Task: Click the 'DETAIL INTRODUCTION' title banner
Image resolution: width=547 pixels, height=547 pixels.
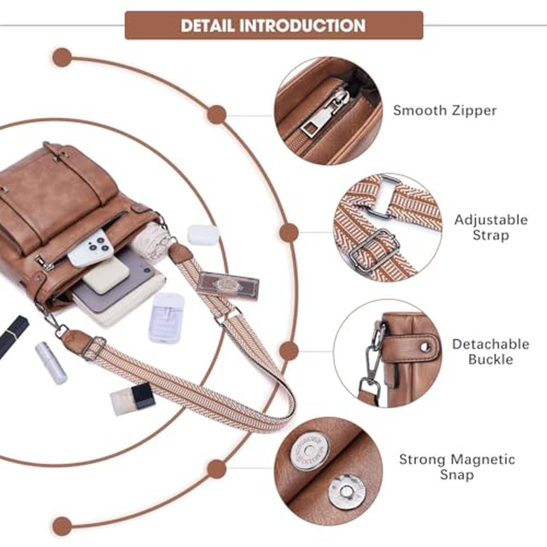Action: (273, 25)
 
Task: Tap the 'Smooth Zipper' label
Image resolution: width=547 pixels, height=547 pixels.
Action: (445, 110)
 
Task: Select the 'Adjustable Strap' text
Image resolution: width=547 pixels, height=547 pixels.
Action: (491, 228)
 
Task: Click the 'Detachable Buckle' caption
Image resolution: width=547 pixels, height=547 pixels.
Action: (490, 352)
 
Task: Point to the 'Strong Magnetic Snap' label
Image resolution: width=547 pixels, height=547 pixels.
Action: (457, 467)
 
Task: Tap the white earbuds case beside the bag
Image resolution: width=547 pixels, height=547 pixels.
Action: (203, 235)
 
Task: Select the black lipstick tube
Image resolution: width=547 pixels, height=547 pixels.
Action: (14, 335)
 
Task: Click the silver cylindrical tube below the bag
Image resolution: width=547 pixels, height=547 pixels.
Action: (51, 363)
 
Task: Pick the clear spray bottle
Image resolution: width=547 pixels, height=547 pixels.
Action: (167, 317)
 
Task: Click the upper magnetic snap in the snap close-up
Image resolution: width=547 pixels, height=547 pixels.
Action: (310, 450)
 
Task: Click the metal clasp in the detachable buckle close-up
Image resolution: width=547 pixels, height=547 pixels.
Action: (373, 356)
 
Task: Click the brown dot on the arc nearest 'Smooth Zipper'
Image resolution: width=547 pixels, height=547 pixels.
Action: (217, 114)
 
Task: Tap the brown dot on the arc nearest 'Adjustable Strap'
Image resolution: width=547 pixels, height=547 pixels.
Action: (289, 232)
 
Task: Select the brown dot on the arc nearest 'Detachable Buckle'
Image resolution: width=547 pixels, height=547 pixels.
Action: (289, 350)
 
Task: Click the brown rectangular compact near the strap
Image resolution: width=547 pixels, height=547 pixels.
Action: (228, 285)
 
